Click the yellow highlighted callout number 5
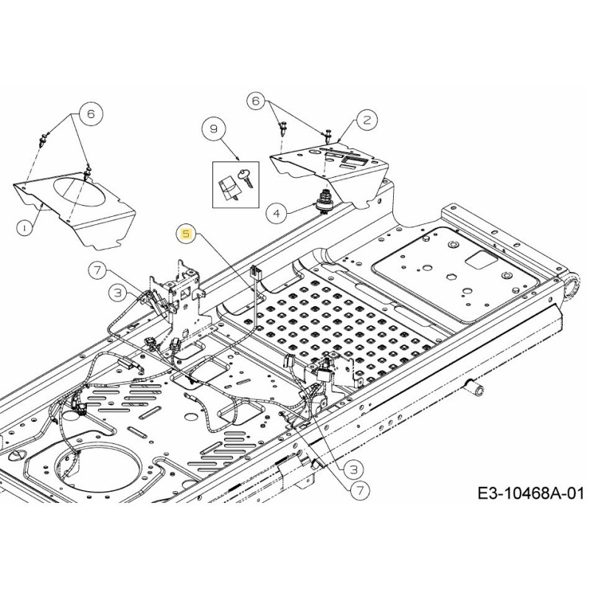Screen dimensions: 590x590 pos(186,234)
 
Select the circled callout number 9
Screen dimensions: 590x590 pos(214,129)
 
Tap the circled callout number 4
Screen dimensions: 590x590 pos(276,214)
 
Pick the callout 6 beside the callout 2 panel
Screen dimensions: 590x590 pos(256,101)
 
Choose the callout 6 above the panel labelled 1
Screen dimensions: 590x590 pos(91,114)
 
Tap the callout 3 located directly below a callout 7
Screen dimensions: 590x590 pos(118,293)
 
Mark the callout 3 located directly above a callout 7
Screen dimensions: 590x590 pos(353,468)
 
